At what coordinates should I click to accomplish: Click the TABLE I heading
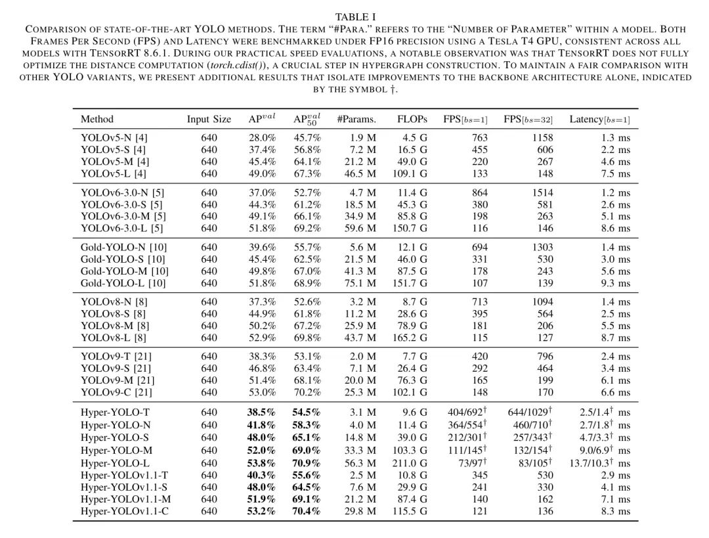pyautogui.click(x=354, y=16)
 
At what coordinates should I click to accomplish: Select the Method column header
pyautogui.click(x=97, y=119)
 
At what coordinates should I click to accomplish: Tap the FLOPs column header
pyautogui.click(x=412, y=119)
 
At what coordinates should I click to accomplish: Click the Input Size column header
pyautogui.click(x=209, y=119)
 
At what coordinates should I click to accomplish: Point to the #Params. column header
pyautogui.click(x=356, y=119)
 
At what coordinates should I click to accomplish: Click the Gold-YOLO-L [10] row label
pyautogui.click(x=123, y=283)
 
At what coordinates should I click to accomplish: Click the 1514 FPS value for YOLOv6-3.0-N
pyautogui.click(x=543, y=192)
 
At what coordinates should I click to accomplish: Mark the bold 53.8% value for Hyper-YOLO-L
pyautogui.click(x=262, y=463)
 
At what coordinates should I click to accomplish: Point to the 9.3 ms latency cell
pyautogui.click(x=615, y=283)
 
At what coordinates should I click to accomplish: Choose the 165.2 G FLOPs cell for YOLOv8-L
pyautogui.click(x=411, y=338)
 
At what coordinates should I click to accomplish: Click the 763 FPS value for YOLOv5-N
pyautogui.click(x=481, y=138)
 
